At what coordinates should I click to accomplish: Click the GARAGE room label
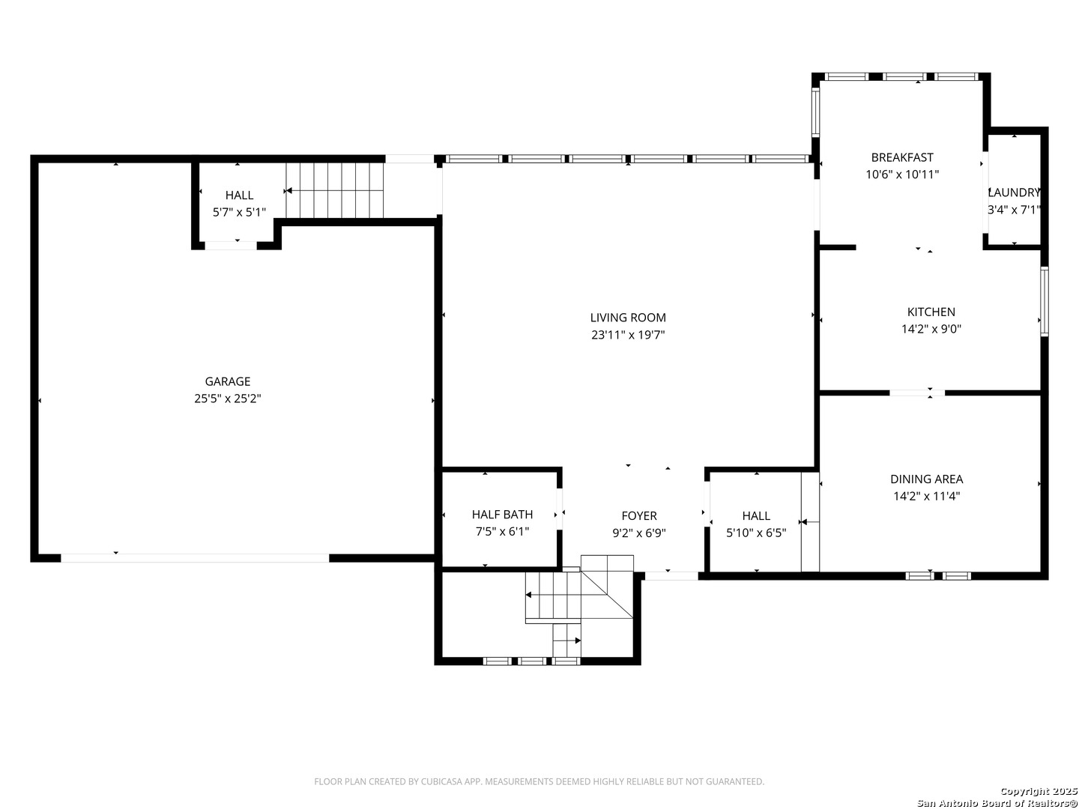click(x=228, y=381)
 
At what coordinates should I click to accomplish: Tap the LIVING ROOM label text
click(x=628, y=318)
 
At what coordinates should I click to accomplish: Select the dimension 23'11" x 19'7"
click(x=628, y=336)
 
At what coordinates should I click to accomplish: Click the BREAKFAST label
click(x=902, y=157)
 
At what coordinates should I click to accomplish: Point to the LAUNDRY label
click(x=1014, y=193)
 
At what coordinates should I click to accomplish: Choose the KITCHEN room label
click(x=931, y=312)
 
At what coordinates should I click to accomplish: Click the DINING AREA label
click(x=927, y=479)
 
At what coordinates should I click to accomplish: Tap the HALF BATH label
click(x=502, y=514)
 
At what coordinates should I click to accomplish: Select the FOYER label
click(x=639, y=515)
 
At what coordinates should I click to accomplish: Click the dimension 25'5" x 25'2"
click(x=228, y=399)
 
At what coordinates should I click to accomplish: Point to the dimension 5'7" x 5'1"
click(x=239, y=212)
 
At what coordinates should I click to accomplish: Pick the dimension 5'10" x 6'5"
click(x=756, y=533)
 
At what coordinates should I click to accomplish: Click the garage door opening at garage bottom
click(x=195, y=558)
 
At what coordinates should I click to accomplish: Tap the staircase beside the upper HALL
click(x=334, y=191)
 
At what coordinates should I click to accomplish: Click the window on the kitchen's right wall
click(x=1044, y=301)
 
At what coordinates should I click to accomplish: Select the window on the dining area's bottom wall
click(x=938, y=576)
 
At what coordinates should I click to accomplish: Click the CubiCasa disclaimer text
click(x=539, y=781)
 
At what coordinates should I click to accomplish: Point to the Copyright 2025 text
click(x=1039, y=791)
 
